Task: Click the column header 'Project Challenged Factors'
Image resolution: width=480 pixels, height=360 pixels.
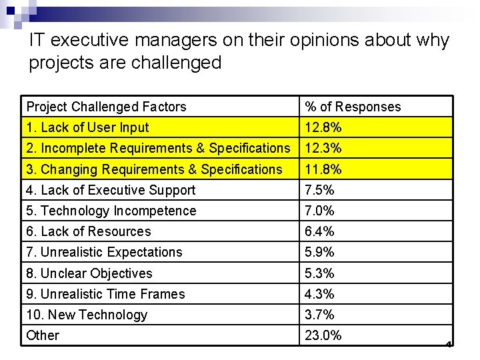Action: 106,107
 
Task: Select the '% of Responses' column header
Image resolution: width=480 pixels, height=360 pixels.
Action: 353,107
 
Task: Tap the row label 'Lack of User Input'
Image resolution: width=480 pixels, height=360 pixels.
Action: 87,127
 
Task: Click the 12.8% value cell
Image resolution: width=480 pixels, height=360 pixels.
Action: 323,127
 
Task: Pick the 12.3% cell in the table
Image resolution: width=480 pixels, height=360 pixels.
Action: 323,148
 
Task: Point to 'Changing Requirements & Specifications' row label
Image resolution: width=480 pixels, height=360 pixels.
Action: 154,169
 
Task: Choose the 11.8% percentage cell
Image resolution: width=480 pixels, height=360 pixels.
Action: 323,169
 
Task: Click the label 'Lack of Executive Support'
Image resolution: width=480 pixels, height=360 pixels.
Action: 111,190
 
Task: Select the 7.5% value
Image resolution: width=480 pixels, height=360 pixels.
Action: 319,190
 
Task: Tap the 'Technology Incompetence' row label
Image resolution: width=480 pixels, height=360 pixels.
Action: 111,211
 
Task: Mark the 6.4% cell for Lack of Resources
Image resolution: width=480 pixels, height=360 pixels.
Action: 319,231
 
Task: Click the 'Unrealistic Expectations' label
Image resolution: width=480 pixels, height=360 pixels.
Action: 104,252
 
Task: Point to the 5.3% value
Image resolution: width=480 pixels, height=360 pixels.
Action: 319,273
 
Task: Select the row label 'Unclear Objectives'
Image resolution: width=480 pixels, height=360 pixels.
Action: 89,273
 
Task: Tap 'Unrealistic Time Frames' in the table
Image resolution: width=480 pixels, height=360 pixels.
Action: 105,294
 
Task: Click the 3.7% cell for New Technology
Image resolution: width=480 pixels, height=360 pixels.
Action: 319,315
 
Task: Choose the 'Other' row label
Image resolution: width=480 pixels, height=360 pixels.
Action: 43,335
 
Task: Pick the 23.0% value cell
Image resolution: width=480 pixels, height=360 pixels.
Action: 323,335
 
